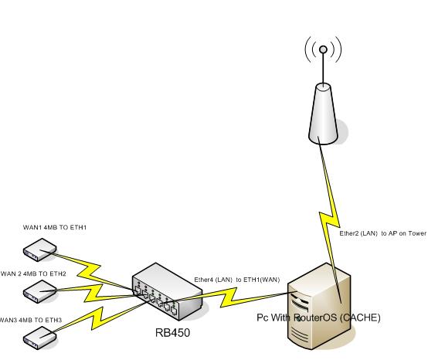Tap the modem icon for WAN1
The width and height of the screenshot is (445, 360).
(39, 249)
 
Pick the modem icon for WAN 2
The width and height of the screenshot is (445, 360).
(39, 290)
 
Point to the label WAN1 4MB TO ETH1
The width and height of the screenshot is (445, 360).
(55, 228)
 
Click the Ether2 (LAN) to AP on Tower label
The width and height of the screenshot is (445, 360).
(383, 233)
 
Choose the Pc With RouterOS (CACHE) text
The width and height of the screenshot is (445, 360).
(318, 318)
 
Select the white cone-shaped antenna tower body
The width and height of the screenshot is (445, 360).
(324, 112)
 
